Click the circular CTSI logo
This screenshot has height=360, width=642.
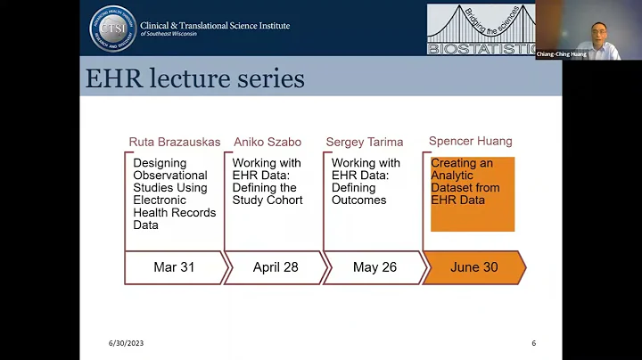tap(113, 29)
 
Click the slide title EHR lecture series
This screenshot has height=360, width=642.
tap(194, 78)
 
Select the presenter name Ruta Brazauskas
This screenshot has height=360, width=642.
tap(172, 142)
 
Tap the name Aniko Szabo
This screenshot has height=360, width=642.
tap(268, 142)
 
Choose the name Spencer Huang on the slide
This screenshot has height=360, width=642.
tap(470, 141)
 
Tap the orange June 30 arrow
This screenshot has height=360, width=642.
tap(473, 267)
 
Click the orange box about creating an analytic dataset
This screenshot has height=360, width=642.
tap(473, 194)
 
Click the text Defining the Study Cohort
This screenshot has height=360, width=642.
tap(267, 193)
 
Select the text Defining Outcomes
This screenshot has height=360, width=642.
tap(359, 193)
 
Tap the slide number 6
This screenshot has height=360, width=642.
tap(533, 343)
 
